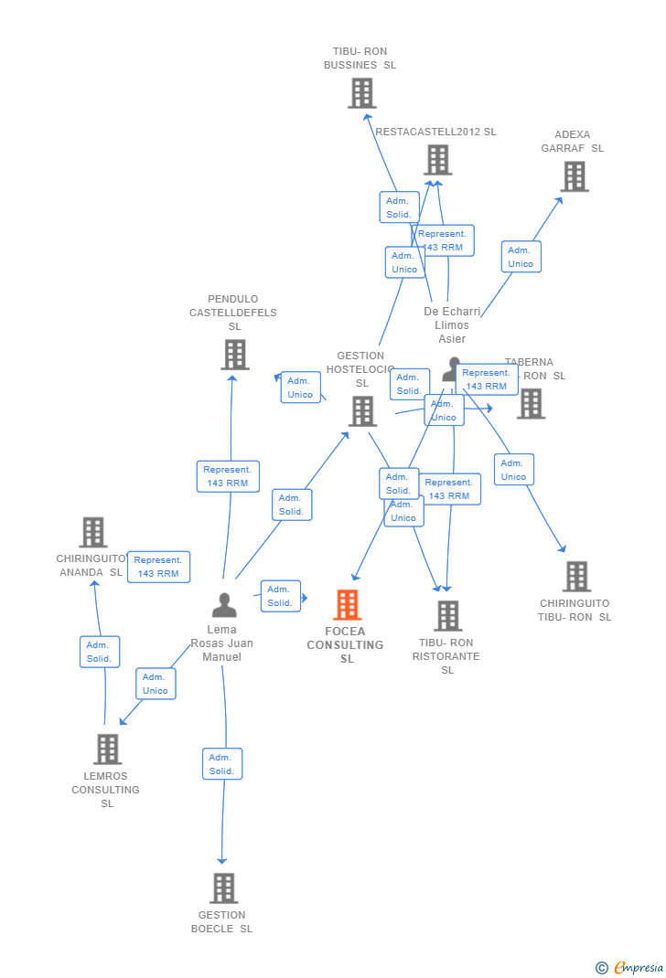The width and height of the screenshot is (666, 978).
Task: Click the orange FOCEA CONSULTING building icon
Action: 347,605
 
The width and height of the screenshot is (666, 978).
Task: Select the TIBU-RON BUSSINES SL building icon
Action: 362,93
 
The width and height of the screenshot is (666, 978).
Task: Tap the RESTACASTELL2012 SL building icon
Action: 437,160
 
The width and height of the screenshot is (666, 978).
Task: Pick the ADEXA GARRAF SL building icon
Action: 574,176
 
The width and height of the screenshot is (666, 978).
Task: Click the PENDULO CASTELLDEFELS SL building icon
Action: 235,355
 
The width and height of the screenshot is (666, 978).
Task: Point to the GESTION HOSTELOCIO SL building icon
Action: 362,411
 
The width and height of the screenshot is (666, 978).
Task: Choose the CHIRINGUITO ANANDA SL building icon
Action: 92,532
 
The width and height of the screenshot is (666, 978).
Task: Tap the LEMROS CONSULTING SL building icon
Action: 107,749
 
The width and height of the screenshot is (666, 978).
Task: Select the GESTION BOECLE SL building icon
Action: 223,888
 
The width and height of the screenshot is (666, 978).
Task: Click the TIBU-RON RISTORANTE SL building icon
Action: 447,616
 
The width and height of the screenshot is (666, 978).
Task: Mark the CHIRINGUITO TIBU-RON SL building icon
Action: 576,577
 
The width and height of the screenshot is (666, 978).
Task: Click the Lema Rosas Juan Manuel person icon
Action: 224,605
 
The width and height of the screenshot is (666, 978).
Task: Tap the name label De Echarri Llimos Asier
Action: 452,325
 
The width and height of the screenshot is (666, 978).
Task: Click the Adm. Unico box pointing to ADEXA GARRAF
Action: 521,257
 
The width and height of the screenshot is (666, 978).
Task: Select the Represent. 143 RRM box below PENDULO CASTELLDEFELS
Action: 228,476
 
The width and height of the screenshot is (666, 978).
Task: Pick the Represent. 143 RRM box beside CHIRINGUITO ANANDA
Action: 158,567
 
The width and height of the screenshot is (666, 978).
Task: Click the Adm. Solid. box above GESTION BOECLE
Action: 221,764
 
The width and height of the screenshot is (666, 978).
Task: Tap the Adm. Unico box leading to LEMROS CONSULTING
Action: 156,684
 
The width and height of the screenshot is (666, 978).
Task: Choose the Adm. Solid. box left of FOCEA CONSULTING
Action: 280,596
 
